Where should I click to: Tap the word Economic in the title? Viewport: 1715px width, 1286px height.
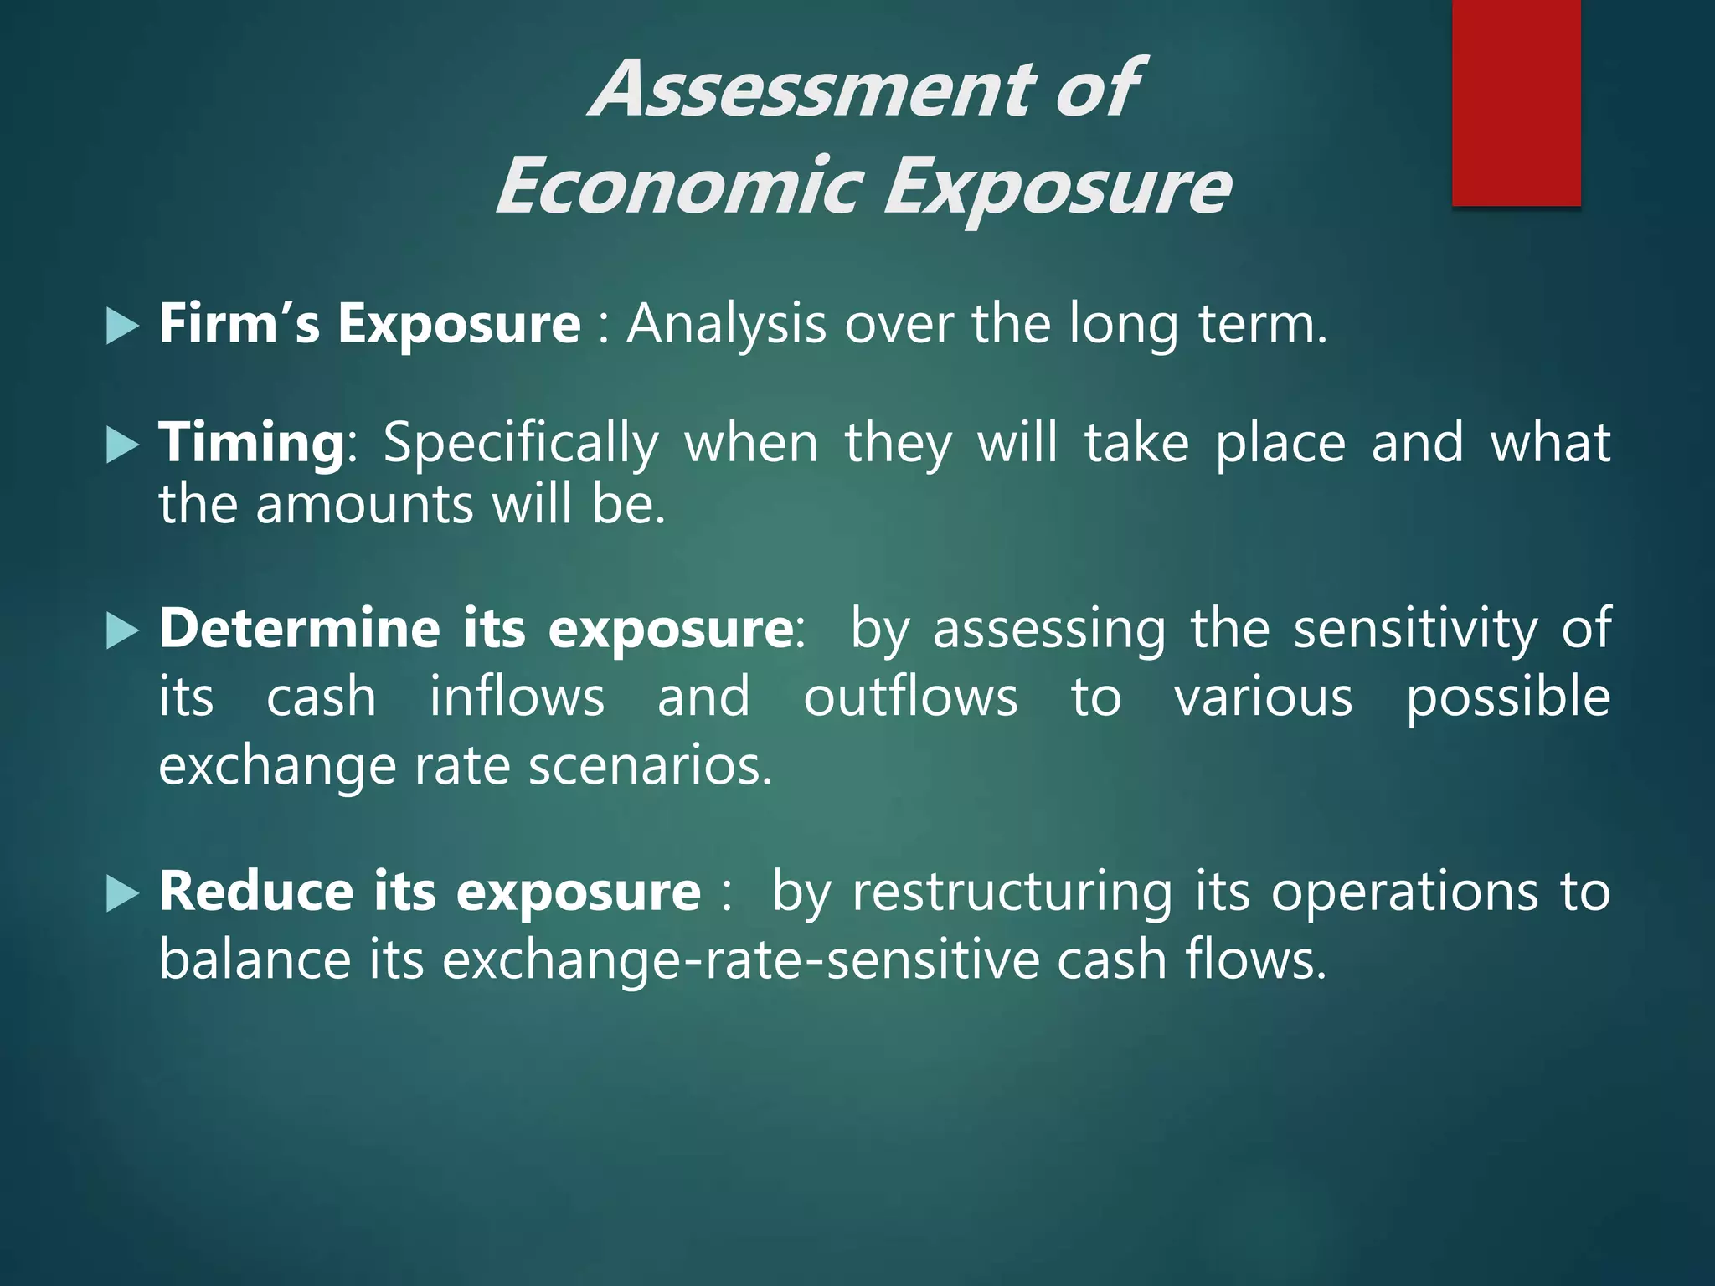click(x=678, y=186)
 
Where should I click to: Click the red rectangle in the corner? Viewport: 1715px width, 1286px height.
click(x=1516, y=102)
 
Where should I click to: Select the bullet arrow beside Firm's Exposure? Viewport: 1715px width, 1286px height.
click(x=122, y=326)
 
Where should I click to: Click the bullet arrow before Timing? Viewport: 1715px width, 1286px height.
click(x=122, y=445)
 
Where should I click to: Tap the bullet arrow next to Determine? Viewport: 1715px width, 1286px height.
click(x=122, y=630)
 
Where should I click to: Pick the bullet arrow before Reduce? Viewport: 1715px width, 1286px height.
click(x=122, y=893)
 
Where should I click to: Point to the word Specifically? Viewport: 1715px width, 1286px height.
click(x=520, y=445)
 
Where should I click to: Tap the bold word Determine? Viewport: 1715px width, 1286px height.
click(x=299, y=628)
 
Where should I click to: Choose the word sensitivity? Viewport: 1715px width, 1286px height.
click(x=1415, y=630)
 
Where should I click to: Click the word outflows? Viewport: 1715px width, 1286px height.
click(x=910, y=697)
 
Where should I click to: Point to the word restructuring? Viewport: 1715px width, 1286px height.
click(x=1012, y=892)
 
